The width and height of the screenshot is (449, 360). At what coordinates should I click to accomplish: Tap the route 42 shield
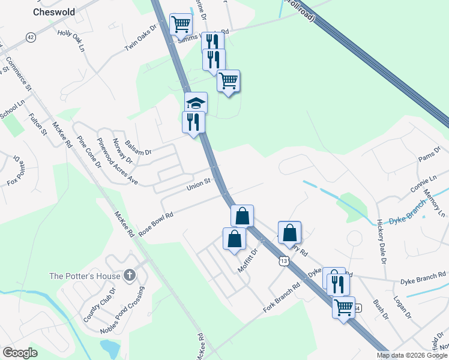[x=31, y=37]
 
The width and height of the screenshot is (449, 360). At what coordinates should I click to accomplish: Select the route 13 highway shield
[x=284, y=261]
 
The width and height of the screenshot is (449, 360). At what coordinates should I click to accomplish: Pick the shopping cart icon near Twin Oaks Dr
[x=181, y=25]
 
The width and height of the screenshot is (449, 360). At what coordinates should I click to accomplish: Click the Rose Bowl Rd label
[x=155, y=223]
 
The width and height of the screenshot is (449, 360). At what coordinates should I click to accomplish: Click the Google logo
[x=20, y=353]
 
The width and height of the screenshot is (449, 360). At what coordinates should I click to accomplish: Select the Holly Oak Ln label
[x=71, y=40]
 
